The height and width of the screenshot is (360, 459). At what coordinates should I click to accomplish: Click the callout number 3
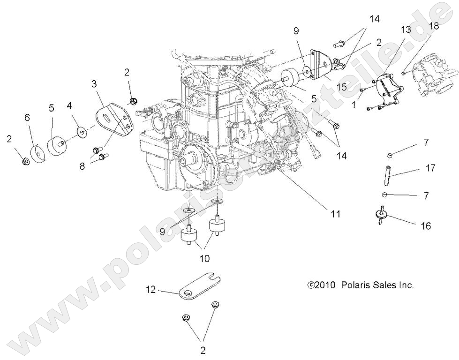(94, 84)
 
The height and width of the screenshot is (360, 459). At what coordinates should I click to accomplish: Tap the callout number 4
(69, 105)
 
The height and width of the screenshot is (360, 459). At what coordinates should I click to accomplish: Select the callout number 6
(27, 117)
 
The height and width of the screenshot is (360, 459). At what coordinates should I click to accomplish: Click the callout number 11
(335, 214)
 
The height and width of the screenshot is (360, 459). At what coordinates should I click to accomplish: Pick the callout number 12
(150, 291)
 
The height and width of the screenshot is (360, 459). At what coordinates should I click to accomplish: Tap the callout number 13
(406, 30)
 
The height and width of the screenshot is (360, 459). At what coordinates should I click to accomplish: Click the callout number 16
(426, 226)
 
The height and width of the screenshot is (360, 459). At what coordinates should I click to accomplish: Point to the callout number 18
(434, 26)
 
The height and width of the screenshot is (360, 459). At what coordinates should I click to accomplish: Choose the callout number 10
(205, 258)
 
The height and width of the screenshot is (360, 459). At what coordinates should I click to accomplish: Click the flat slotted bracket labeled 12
(197, 285)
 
